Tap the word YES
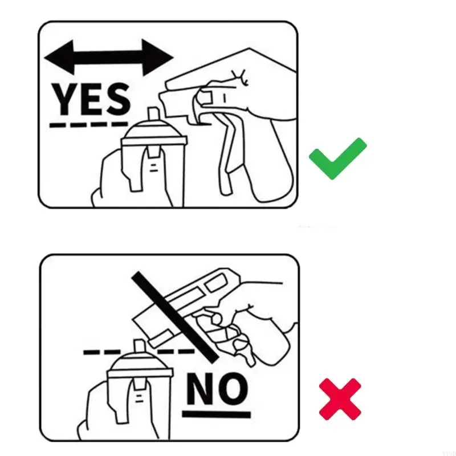pos(91,98)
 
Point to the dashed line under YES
pos(88,124)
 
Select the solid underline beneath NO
pos(217,413)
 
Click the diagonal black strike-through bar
pos(174,317)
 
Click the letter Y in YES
pos(64,98)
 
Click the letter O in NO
pos(233,389)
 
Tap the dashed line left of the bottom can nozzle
pos(103,352)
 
